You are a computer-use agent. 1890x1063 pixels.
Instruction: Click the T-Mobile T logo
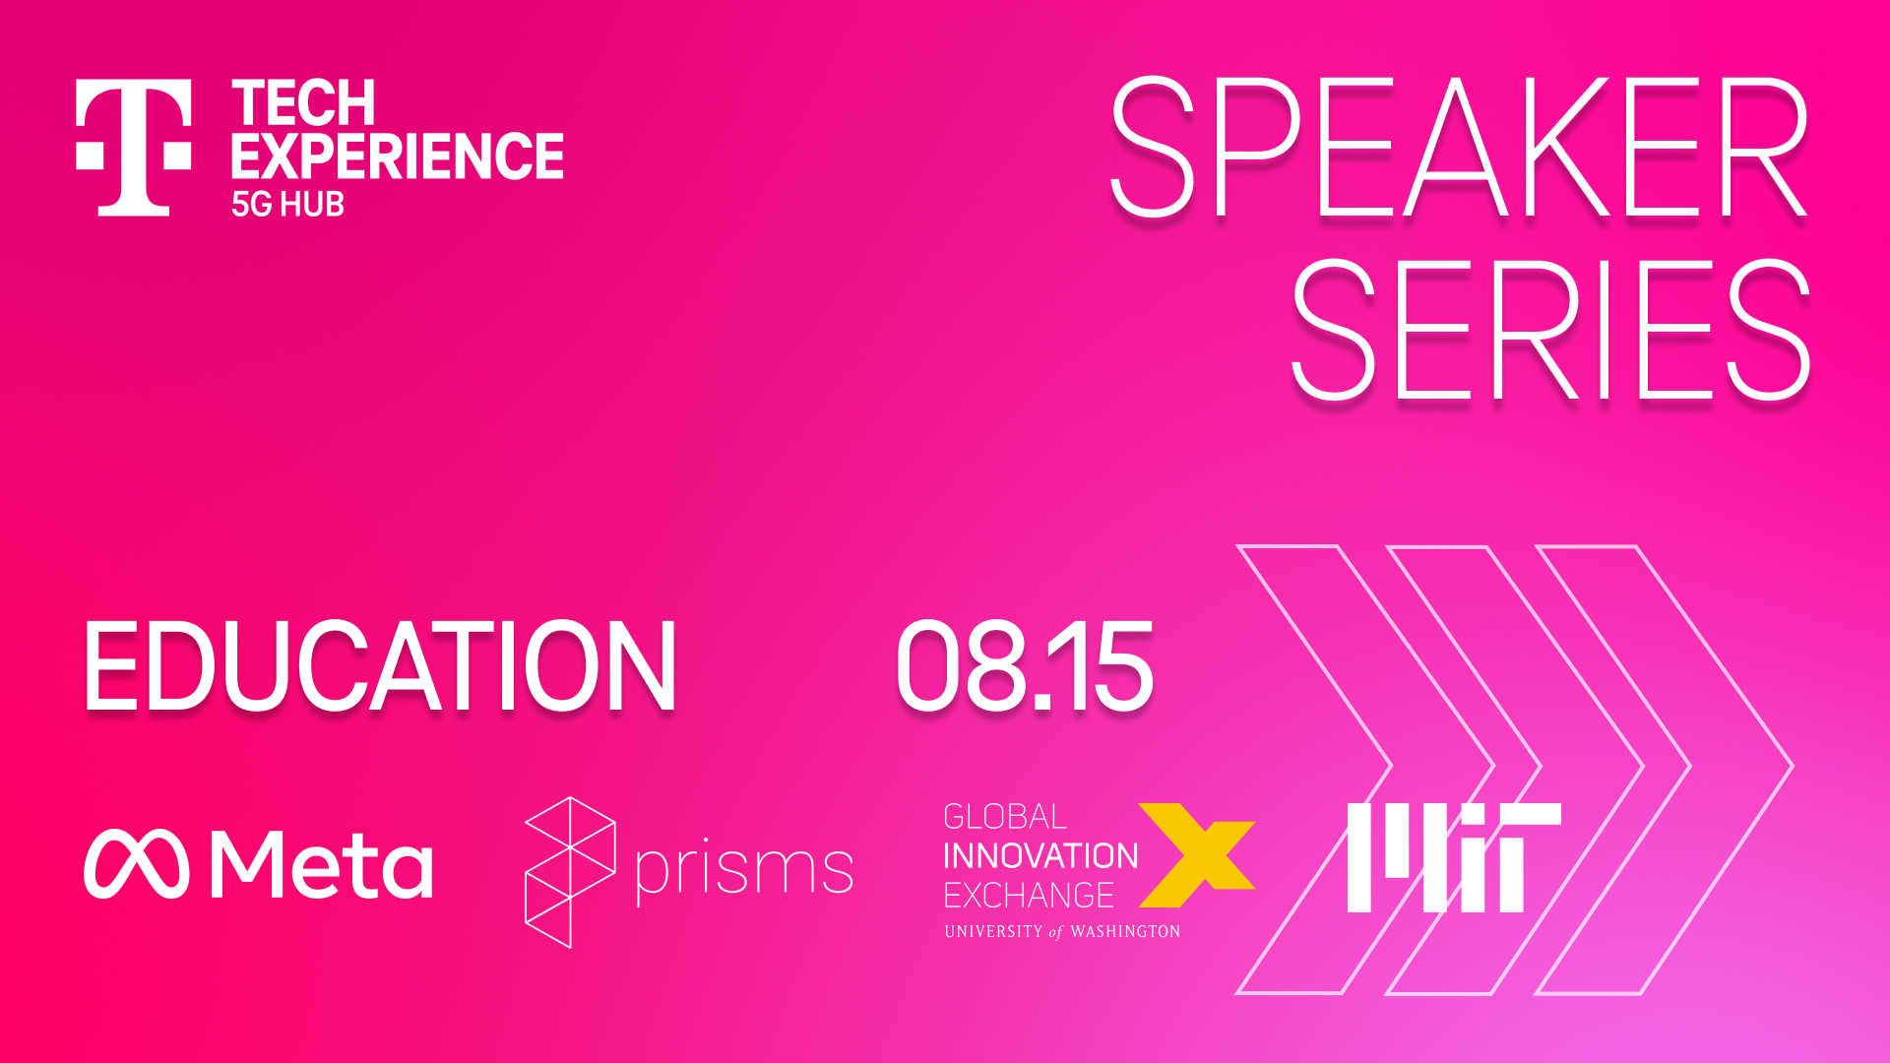pos(134,148)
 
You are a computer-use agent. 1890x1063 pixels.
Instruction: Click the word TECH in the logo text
pos(303,103)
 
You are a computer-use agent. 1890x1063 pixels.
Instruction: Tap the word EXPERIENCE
pos(398,156)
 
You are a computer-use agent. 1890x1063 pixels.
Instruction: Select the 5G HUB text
pos(287,204)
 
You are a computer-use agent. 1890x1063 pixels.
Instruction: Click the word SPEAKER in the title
pos(1458,148)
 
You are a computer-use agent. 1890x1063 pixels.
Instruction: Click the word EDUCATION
pos(380,666)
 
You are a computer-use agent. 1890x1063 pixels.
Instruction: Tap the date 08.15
pos(1024,666)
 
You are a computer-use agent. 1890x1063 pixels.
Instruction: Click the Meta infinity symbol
pos(136,863)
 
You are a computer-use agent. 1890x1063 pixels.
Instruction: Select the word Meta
pos(321,863)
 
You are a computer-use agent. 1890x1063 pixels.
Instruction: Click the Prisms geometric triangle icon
pos(570,872)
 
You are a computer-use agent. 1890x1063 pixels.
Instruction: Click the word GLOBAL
pos(1005,817)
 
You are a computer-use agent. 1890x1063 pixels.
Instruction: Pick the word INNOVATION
pos(1040,856)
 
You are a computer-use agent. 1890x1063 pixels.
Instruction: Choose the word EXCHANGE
pos(1029,896)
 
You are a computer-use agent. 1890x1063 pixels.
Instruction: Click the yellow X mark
pos(1197,854)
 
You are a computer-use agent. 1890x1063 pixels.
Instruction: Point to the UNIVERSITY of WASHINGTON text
pos(1062,931)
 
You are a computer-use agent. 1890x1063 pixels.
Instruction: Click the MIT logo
pos(1454,857)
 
